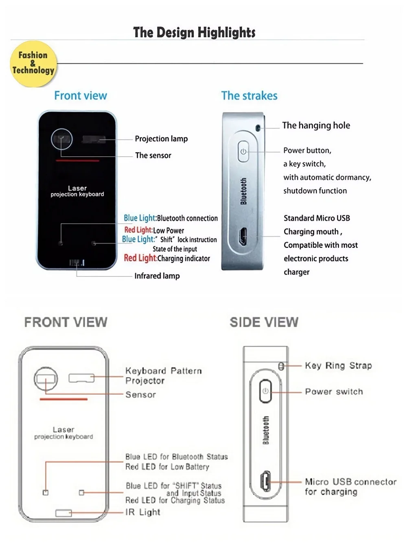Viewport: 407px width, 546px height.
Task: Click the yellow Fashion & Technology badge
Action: tap(33, 63)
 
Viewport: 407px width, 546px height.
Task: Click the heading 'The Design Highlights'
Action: tap(194, 32)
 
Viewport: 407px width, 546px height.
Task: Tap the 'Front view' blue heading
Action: tap(81, 96)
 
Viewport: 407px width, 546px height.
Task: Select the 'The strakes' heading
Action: tap(249, 96)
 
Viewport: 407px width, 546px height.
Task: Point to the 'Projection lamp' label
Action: tap(161, 139)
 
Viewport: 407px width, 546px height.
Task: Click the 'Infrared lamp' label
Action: tap(157, 276)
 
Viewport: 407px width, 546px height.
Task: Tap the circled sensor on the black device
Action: tap(62, 139)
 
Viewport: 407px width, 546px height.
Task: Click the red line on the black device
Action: tap(77, 161)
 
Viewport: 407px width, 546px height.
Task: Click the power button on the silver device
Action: tap(243, 151)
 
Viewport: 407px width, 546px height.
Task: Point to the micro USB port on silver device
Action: tap(243, 237)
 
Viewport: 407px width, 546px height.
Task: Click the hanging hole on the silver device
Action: tap(258, 128)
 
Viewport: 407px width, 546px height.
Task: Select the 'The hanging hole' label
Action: tap(316, 126)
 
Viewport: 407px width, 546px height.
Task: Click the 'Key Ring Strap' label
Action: tap(338, 366)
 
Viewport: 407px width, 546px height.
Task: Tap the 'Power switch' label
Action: tap(334, 392)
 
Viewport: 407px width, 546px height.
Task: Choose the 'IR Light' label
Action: tap(143, 512)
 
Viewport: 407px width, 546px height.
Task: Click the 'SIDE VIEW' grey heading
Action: tap(264, 323)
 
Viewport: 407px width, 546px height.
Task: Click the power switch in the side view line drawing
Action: tap(265, 391)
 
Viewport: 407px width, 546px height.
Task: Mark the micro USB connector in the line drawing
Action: tap(266, 481)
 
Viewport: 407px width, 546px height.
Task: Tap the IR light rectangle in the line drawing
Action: tap(63, 513)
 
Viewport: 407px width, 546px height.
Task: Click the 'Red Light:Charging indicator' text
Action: tap(167, 258)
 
